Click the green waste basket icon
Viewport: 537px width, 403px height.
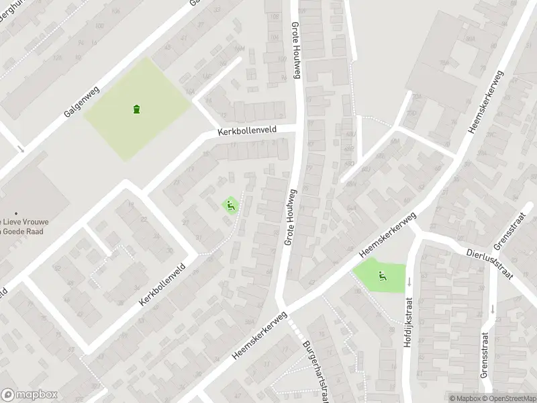(137, 109)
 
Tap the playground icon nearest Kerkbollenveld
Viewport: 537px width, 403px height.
(230, 206)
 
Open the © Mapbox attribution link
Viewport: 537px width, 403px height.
(465, 398)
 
